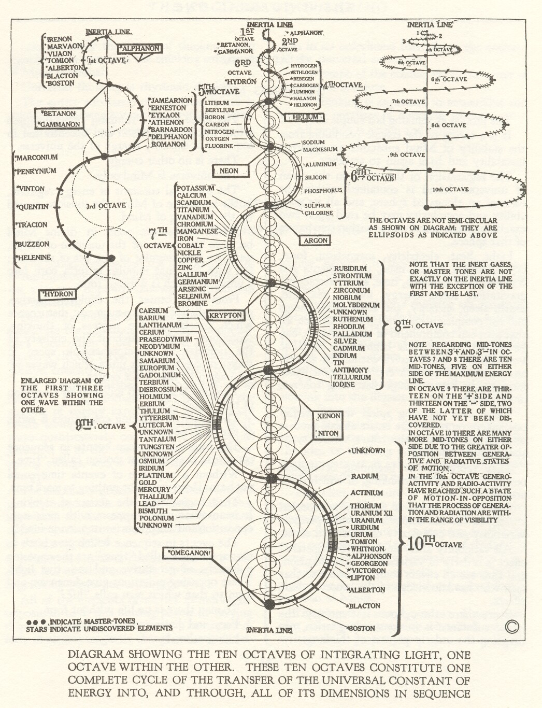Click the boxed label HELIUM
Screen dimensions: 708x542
coord(306,117)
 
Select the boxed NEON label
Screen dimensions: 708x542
coord(230,171)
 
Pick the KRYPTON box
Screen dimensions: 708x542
coord(225,315)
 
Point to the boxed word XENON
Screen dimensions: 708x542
coord(328,416)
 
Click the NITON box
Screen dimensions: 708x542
coord(328,433)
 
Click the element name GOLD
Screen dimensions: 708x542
coord(148,483)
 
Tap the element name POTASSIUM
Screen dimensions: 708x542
coord(195,188)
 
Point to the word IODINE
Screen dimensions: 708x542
coord(344,385)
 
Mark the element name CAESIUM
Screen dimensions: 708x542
coord(154,310)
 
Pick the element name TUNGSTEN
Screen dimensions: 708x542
coord(157,447)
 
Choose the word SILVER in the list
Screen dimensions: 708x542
coord(345,341)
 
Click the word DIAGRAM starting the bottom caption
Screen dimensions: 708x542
coord(91,655)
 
